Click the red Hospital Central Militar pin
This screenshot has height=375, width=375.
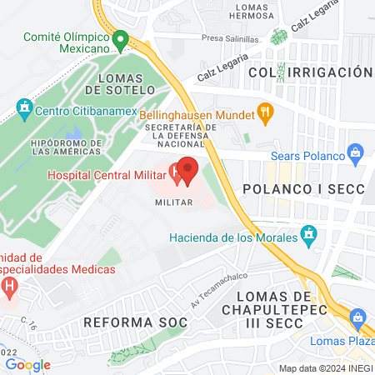(x=187, y=171)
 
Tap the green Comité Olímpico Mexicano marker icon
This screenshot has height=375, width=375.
(x=120, y=38)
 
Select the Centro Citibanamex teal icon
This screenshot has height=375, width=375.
(x=23, y=108)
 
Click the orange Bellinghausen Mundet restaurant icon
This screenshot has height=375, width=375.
(x=264, y=110)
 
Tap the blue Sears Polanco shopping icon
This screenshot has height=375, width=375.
(x=357, y=152)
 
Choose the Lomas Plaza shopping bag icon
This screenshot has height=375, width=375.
(x=358, y=317)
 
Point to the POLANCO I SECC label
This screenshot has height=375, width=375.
(x=303, y=189)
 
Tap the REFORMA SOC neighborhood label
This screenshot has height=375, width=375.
(x=125, y=322)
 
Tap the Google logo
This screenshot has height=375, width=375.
(x=27, y=364)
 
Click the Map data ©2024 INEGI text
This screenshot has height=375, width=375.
(x=325, y=368)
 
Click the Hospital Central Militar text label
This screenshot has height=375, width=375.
(x=105, y=175)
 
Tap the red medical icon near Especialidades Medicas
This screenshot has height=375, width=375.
(x=10, y=288)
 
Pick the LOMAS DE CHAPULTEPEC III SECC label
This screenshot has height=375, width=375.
(x=291, y=311)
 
